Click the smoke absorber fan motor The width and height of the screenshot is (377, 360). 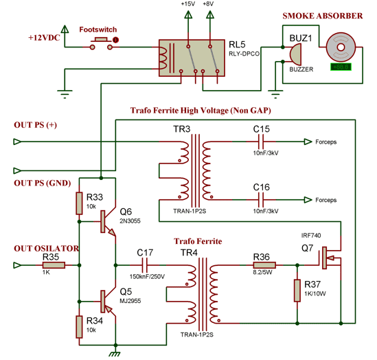pos(339,45)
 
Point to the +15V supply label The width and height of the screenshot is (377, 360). pos(187,4)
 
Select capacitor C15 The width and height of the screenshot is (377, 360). pos(260,143)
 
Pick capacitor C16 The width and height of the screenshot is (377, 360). pos(260,199)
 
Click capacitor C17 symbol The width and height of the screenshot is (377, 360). pos(146,263)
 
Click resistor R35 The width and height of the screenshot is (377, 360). pos(52,263)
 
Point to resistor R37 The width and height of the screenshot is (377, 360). pos(297,291)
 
